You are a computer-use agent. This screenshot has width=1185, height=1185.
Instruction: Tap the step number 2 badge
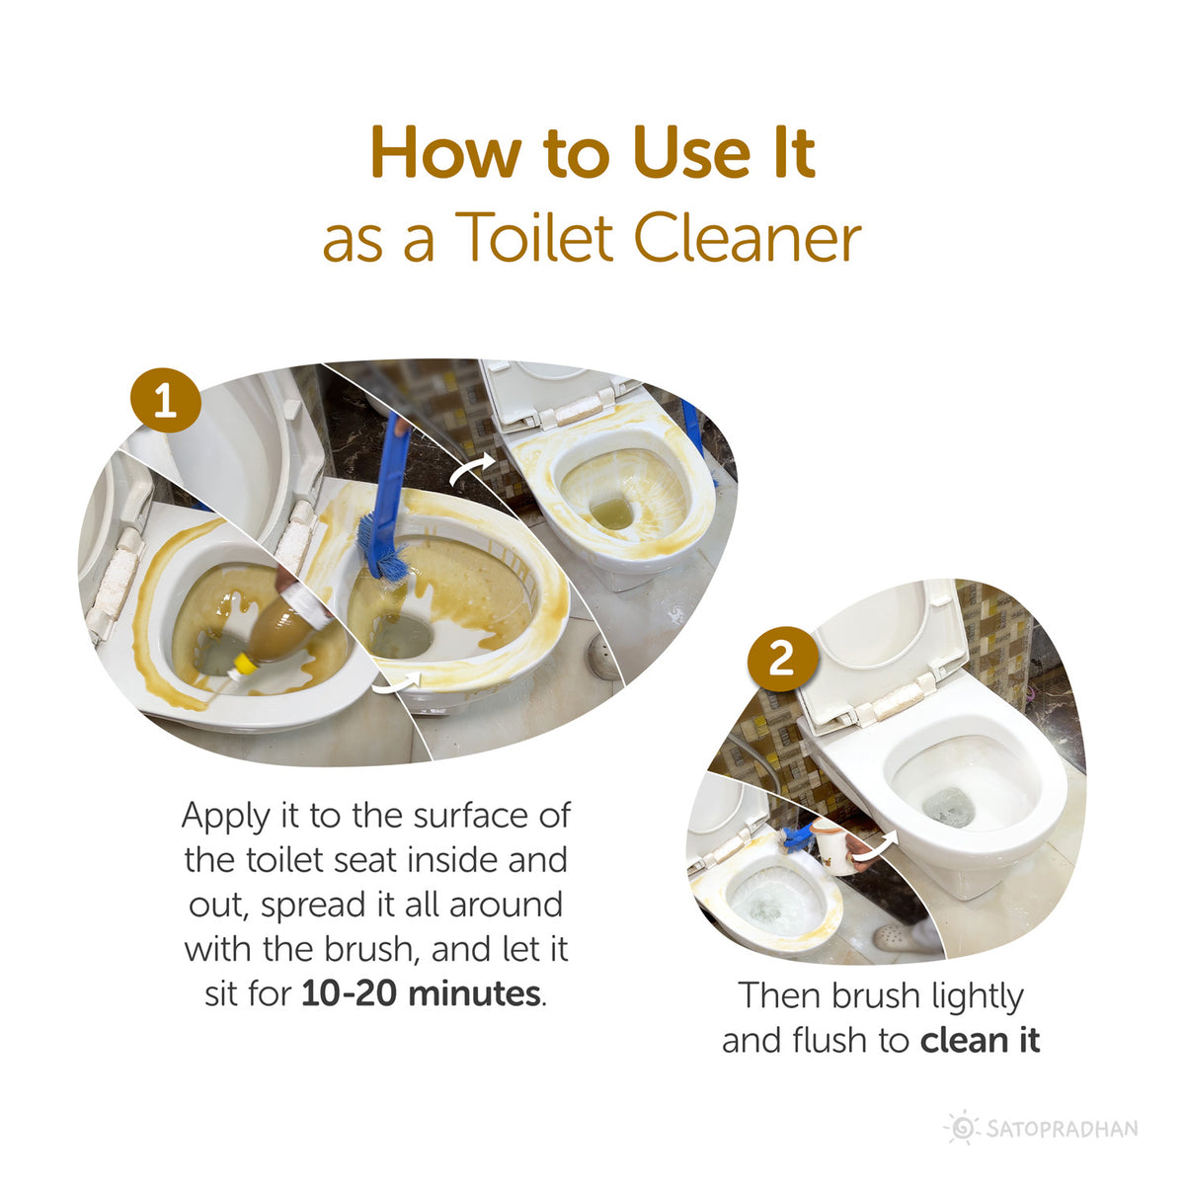pyautogui.click(x=781, y=659)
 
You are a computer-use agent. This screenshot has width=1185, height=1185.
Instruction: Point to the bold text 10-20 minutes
pyautogui.click(x=422, y=993)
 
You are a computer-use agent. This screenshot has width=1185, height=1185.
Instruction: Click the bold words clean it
pyautogui.click(x=980, y=1041)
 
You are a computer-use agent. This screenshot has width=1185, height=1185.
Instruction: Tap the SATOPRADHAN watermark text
pyautogui.click(x=1062, y=1129)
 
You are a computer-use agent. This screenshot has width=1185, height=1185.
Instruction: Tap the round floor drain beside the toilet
pyautogui.click(x=603, y=659)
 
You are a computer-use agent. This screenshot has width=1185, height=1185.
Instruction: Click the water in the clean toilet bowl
pyautogui.click(x=949, y=806)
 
